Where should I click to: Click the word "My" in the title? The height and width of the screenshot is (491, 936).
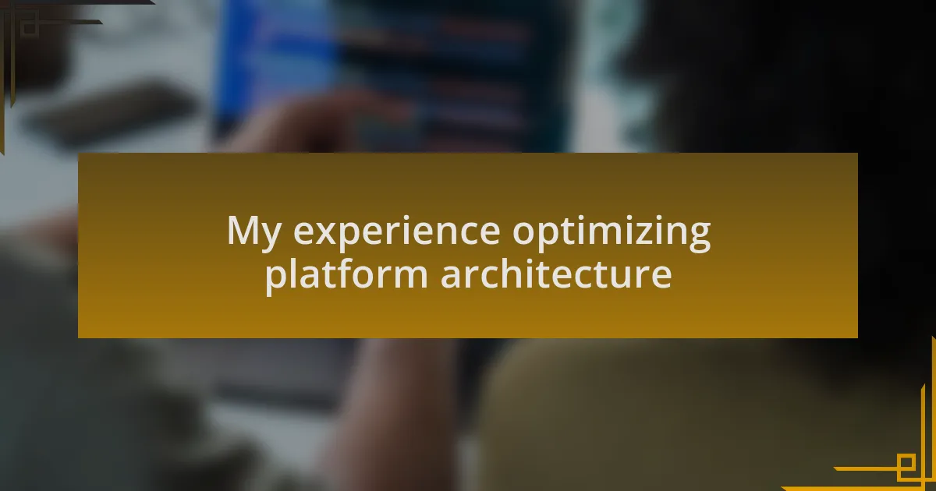coord(254,233)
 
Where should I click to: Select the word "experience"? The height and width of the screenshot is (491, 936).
coord(396,233)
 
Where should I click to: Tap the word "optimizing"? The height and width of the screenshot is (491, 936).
coord(612,233)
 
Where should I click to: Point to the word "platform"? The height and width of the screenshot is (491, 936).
coord(346,276)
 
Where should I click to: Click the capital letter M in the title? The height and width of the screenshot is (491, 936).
coord(243,230)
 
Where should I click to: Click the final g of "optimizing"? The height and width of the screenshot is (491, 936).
coord(700,238)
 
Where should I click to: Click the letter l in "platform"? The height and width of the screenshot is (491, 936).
coord(291,273)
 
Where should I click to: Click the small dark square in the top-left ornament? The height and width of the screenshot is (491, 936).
coord(30,26)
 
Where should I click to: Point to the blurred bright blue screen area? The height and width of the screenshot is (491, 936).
coord(276,67)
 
